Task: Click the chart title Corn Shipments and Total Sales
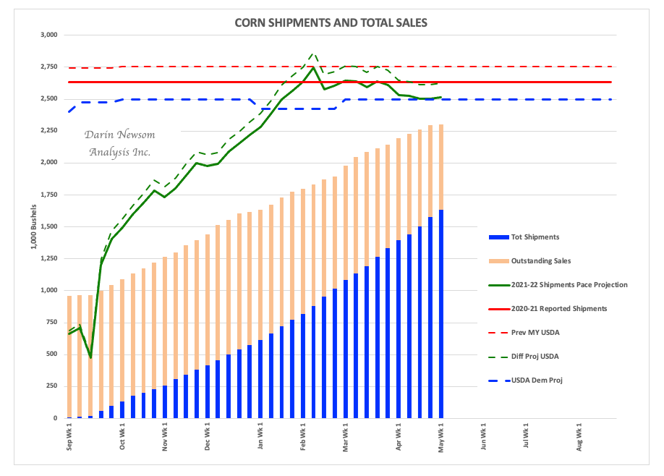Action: point(331,22)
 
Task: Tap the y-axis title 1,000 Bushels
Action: point(34,227)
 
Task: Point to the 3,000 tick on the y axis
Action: point(49,35)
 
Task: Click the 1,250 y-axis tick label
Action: point(49,258)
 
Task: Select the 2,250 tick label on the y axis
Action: point(49,130)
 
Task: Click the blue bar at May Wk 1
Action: point(441,315)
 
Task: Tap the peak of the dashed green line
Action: point(312,54)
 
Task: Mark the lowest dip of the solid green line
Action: point(90,357)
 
